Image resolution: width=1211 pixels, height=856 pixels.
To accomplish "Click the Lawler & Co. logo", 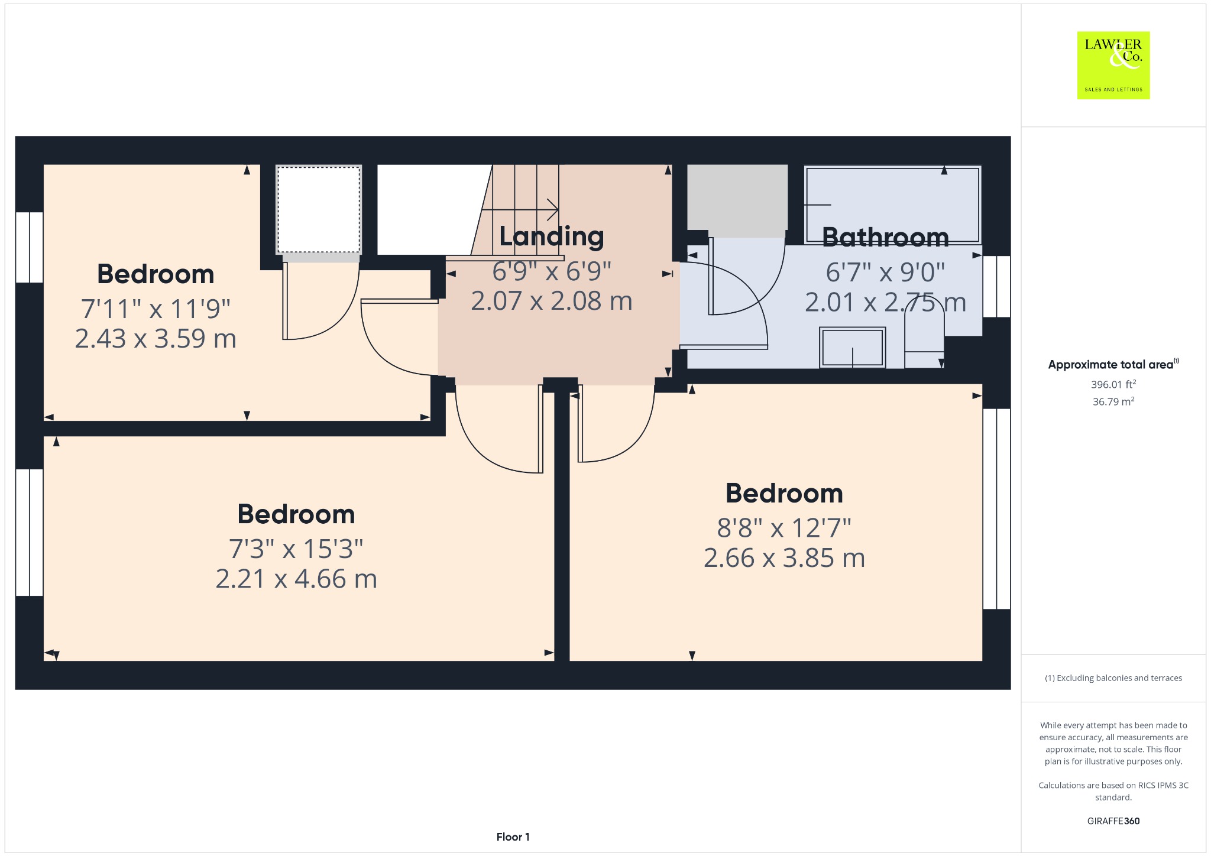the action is pos(1113,65).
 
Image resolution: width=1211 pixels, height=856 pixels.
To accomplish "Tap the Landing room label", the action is pos(551,236).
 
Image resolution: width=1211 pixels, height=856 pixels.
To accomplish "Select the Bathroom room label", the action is pos(885,238).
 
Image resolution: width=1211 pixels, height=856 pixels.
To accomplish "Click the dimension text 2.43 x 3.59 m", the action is pos(156,339).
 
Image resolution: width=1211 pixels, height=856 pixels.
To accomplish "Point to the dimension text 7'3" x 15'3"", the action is pos(296,549).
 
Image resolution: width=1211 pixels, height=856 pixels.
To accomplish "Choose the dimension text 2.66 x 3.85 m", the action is pos(784,558).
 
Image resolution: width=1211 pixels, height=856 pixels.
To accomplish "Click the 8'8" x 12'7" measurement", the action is pos(784,528).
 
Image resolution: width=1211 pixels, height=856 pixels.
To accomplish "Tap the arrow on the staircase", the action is pos(520,209).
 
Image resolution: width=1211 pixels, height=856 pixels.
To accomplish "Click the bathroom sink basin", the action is pos(852,348).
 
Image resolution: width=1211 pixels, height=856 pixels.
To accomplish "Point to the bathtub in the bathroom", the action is pos(893,205).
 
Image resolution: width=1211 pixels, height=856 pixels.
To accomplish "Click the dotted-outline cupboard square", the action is pos(319,210).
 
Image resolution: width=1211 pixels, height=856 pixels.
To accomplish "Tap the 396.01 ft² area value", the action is pos(1113,384).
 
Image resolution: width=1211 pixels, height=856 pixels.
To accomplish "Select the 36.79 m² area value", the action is pos(1113,401).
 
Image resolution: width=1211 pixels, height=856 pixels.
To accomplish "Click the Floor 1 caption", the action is pos(513,837).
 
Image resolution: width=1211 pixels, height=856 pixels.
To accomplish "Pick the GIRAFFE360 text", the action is pos(1113,821).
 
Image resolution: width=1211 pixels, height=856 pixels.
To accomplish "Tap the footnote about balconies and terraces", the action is pos(1113,678).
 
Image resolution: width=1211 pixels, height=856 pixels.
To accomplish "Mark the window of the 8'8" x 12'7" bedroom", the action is pos(996,508).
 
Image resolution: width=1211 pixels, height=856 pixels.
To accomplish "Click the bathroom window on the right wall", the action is pos(996,286).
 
